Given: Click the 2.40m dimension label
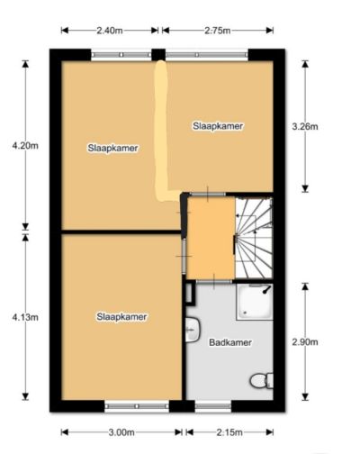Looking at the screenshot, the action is [110, 31].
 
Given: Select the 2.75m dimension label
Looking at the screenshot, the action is [218, 31].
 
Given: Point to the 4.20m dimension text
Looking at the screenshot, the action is [25, 146].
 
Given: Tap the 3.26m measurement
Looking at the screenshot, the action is [305, 127].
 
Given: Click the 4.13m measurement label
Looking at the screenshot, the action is [25, 317].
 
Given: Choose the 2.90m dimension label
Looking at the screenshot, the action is [305, 342].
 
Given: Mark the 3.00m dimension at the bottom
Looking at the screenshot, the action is [121, 432].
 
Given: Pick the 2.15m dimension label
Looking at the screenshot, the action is [229, 432].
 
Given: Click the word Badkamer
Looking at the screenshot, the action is [230, 342].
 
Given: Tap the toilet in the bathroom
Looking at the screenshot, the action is [262, 381].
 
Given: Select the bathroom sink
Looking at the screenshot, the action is [193, 330].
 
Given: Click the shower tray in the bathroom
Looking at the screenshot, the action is [255, 302].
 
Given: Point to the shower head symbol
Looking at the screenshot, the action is [266, 290].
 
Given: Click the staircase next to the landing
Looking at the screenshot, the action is [254, 238].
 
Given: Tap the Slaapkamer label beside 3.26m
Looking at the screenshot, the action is [218, 126].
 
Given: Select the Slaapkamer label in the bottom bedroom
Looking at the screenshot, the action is [121, 317].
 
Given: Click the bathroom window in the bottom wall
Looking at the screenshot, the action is [213, 406].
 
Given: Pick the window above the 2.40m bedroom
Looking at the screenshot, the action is [121, 55].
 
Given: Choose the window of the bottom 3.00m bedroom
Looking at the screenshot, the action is [137, 406].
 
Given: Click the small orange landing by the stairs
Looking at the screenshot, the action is [211, 238].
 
